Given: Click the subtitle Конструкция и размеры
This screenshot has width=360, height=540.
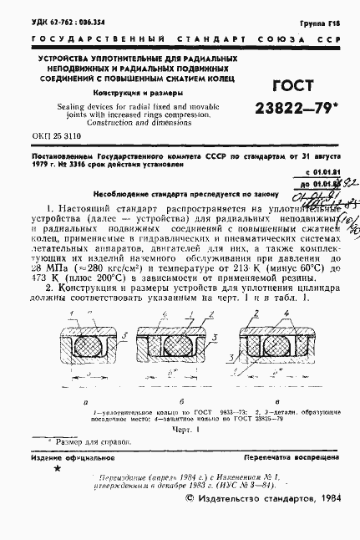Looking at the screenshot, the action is [128, 93].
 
